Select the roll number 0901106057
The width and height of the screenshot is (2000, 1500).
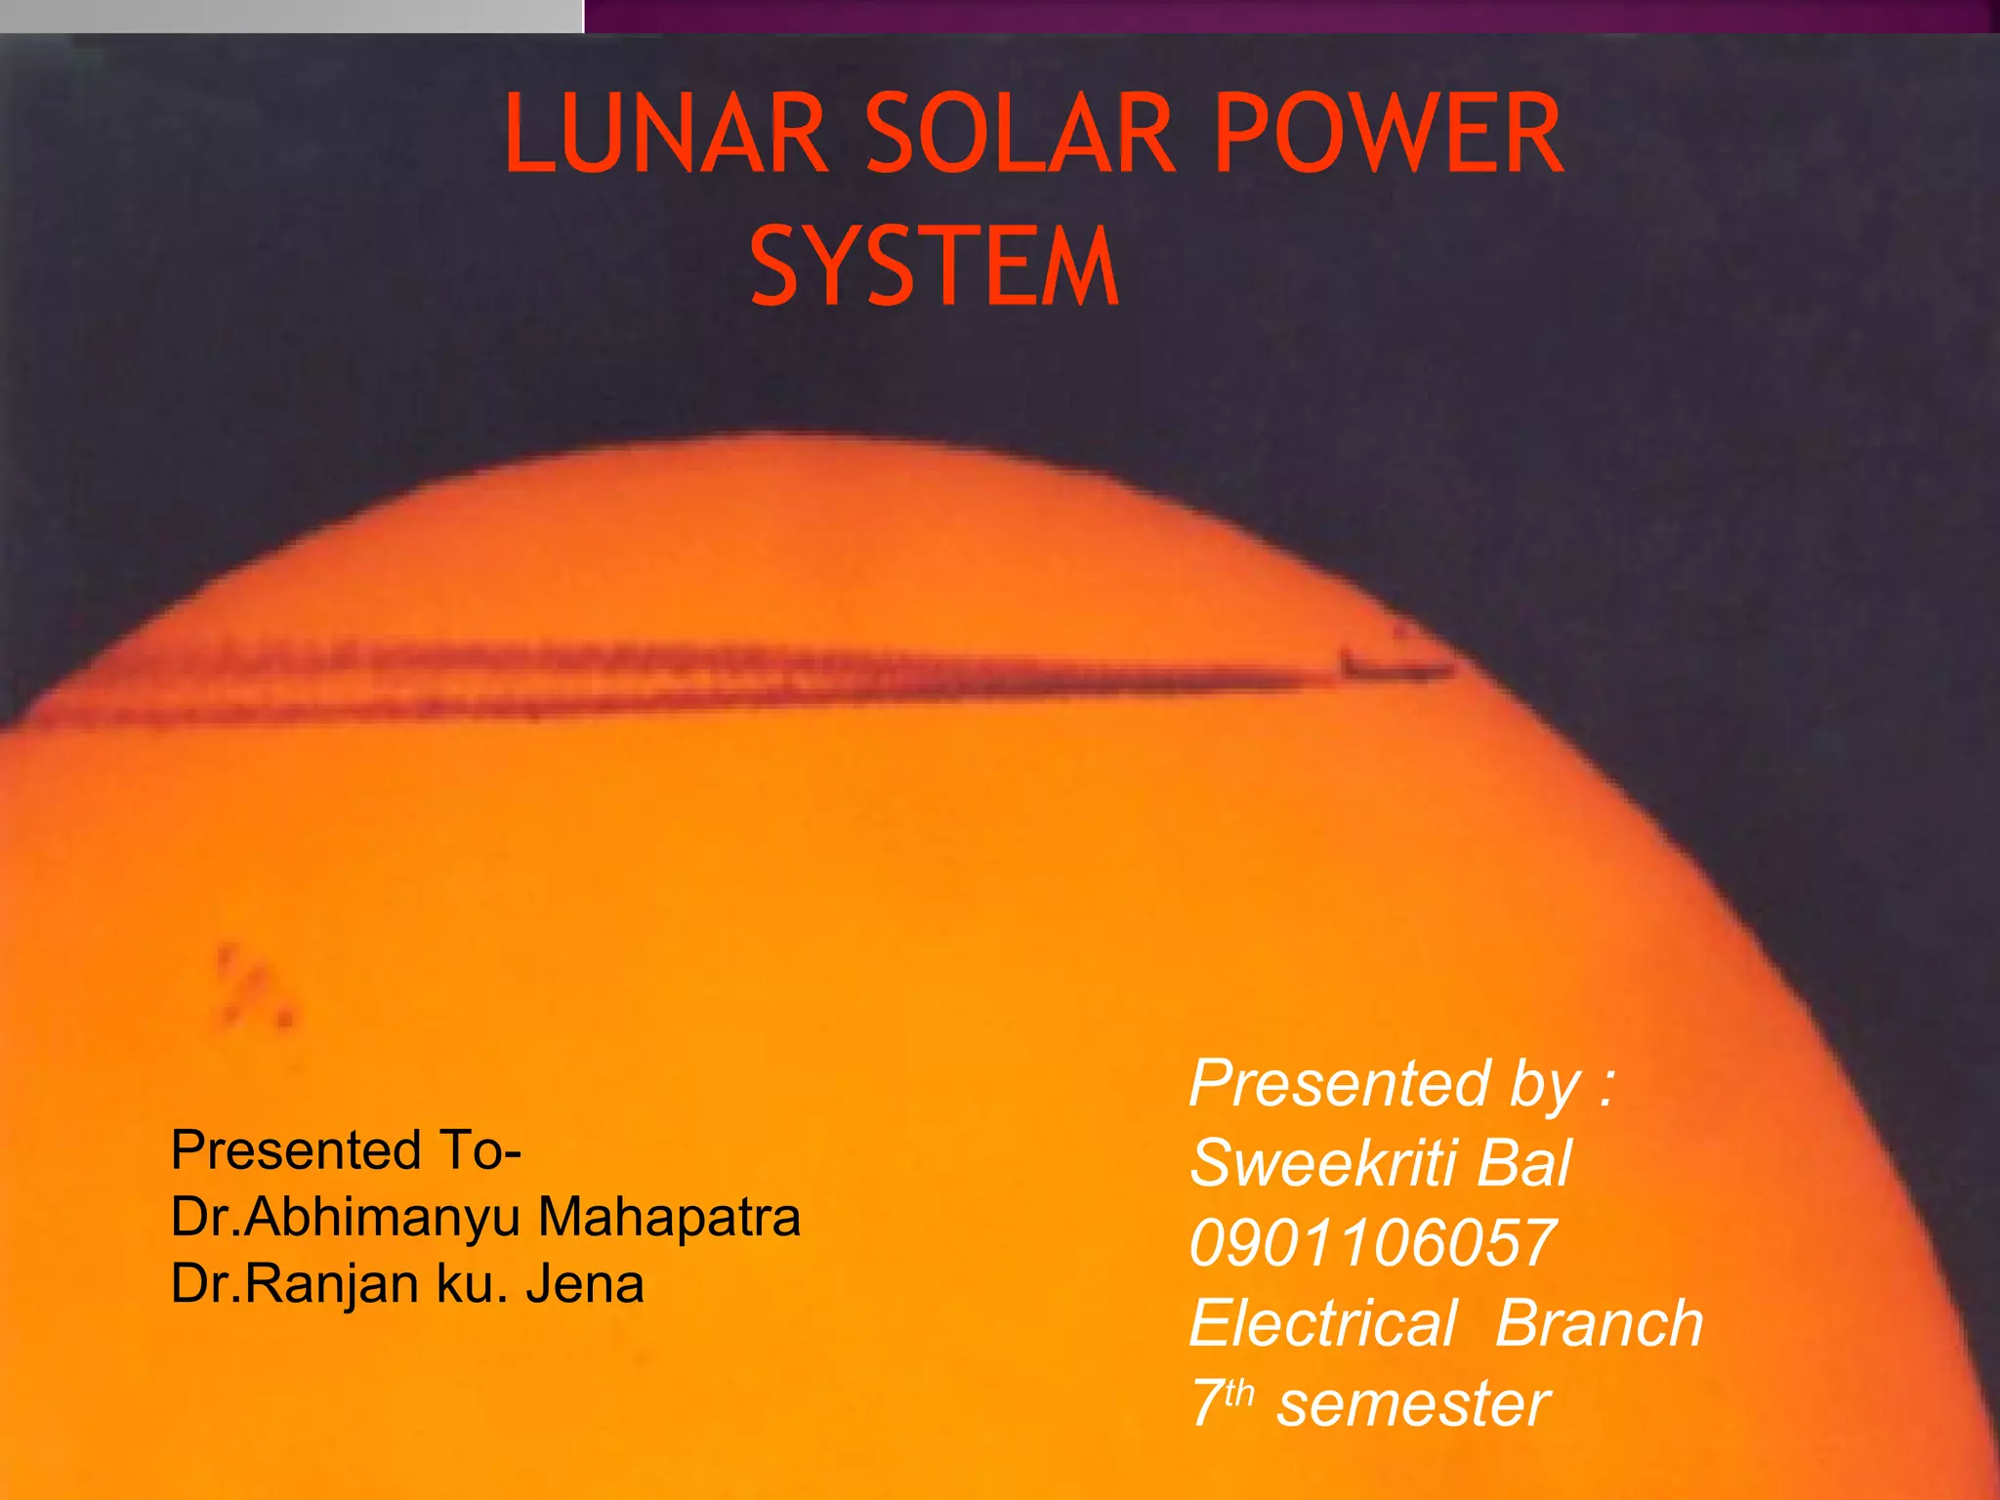click(1372, 1243)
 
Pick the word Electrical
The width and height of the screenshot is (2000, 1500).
click(1323, 1323)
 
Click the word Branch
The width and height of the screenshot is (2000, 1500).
click(1599, 1323)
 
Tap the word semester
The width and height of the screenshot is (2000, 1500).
click(1413, 1403)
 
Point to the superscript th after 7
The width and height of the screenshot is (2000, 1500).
click(1238, 1393)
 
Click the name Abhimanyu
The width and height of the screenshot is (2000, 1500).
click(385, 1218)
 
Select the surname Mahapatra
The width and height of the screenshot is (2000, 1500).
click(669, 1218)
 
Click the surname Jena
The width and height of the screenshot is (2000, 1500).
click(585, 1284)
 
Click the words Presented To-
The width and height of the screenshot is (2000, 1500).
click(346, 1150)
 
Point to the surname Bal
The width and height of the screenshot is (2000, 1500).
click(1523, 1163)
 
